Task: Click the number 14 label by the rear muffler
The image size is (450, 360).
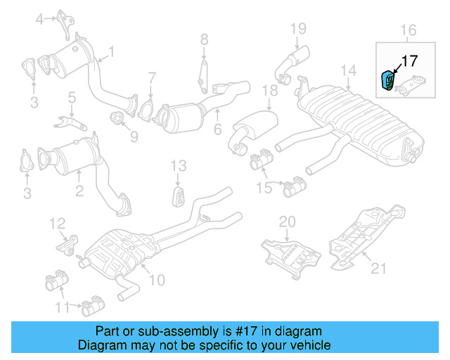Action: click(x=348, y=70)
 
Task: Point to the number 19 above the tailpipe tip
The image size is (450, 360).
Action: click(x=298, y=29)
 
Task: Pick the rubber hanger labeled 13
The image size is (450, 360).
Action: click(x=178, y=195)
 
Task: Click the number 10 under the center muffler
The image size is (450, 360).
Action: click(x=156, y=280)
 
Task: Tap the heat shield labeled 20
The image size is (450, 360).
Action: click(x=289, y=252)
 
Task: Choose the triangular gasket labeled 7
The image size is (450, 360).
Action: click(x=148, y=111)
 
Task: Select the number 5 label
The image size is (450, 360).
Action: click(x=72, y=96)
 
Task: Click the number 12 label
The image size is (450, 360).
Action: click(x=58, y=224)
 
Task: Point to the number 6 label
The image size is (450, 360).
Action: click(x=217, y=129)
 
